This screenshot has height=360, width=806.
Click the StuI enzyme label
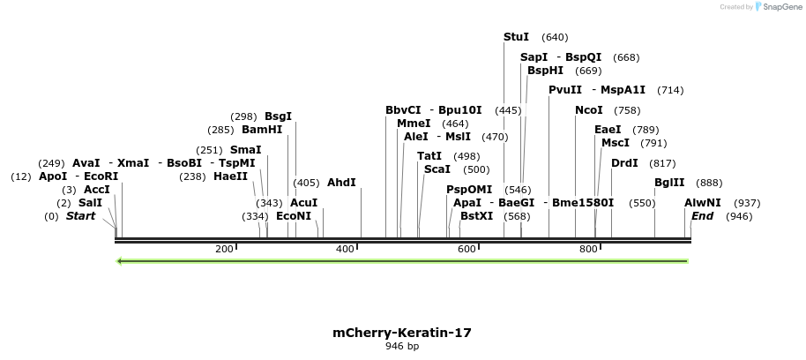(x=516, y=37)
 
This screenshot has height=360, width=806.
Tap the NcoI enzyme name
(x=588, y=110)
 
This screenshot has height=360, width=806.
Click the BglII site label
(x=669, y=183)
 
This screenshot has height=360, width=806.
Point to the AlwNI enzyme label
(x=702, y=203)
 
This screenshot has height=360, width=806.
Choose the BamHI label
(x=262, y=130)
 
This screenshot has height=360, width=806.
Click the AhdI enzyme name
(x=341, y=183)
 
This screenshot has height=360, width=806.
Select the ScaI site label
(x=437, y=169)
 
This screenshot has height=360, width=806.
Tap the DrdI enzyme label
(x=624, y=163)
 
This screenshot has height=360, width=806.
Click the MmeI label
(x=414, y=124)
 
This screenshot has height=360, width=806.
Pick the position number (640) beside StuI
(x=555, y=37)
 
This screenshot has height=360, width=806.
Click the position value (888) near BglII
(x=709, y=183)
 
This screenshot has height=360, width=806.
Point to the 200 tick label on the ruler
(x=223, y=250)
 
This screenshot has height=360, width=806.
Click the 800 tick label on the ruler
(x=588, y=250)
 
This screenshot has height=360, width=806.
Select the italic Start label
(x=80, y=216)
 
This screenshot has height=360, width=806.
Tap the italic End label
(x=702, y=216)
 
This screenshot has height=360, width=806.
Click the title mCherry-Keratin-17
(x=402, y=333)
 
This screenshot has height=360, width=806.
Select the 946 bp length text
(x=402, y=346)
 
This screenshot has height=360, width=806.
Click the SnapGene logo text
(x=778, y=7)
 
